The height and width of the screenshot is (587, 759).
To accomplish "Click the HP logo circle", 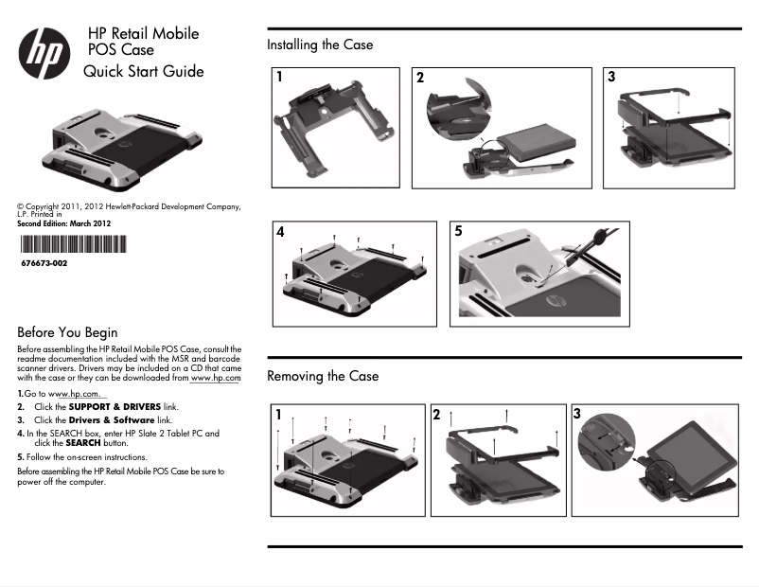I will click(x=44, y=54).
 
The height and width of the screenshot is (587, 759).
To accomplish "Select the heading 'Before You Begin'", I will click(x=67, y=332).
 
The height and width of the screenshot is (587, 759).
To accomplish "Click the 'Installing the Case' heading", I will click(x=320, y=44).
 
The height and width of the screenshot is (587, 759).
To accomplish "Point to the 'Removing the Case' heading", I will click(x=323, y=376).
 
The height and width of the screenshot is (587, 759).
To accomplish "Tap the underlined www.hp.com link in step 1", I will click(x=75, y=393).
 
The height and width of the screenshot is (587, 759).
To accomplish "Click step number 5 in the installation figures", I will click(x=459, y=231).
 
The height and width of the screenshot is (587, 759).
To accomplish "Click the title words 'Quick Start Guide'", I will click(x=143, y=71).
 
